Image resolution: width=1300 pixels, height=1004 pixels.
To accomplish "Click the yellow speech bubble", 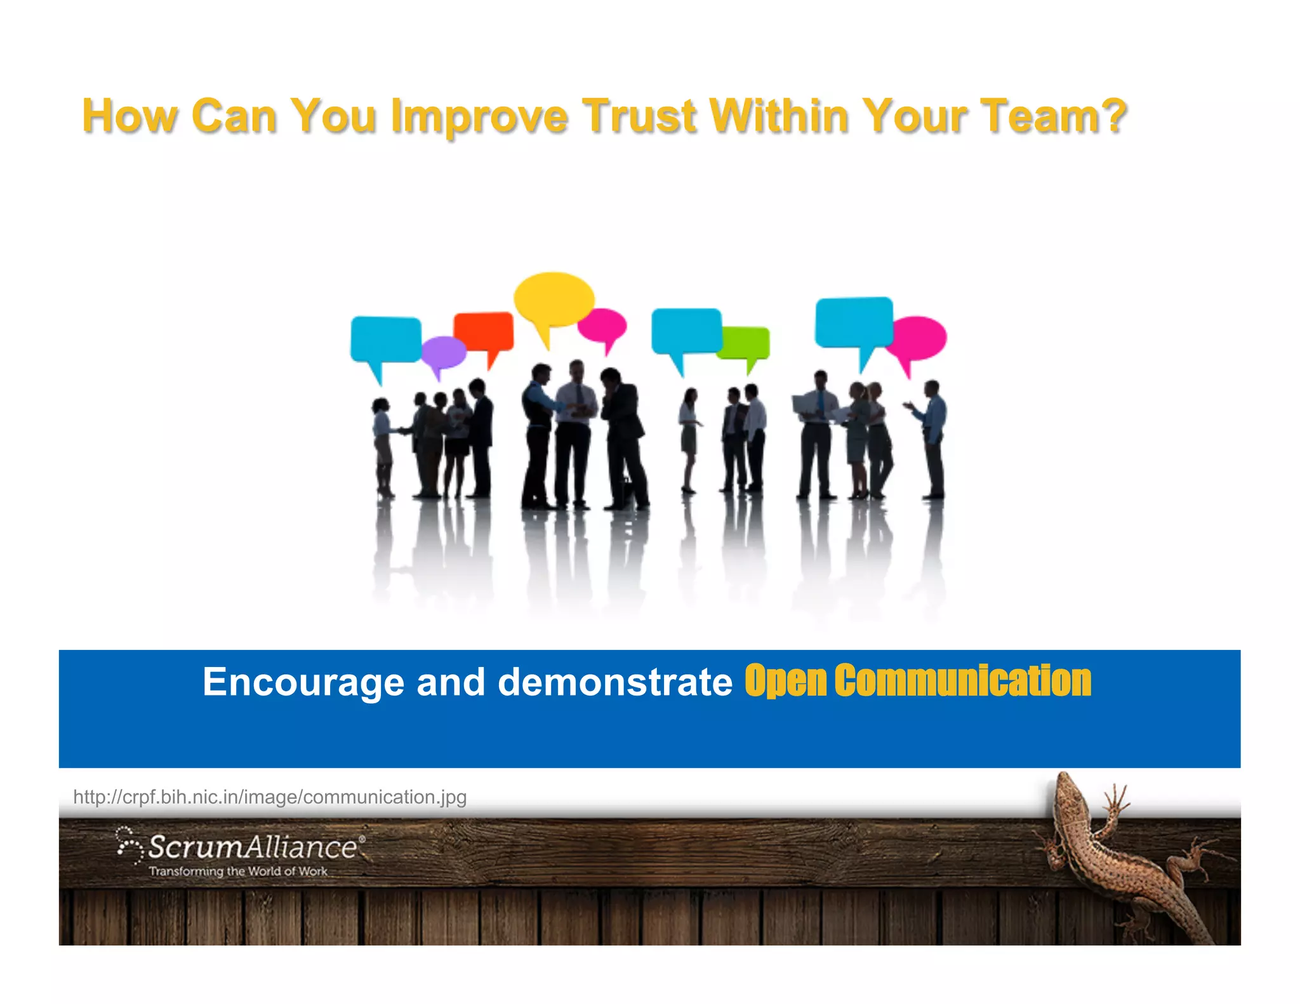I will (x=553, y=299).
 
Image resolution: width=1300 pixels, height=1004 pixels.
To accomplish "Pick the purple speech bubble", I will (x=442, y=352).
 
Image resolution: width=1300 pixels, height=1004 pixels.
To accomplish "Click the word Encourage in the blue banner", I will (x=303, y=682).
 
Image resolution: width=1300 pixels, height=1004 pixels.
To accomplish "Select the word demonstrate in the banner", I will (x=615, y=682).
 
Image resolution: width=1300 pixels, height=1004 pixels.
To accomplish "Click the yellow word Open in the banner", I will (x=785, y=681).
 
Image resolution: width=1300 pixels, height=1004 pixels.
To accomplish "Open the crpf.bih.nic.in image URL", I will (x=270, y=797).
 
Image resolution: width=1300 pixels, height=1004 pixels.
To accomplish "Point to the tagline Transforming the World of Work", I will (x=238, y=871).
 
